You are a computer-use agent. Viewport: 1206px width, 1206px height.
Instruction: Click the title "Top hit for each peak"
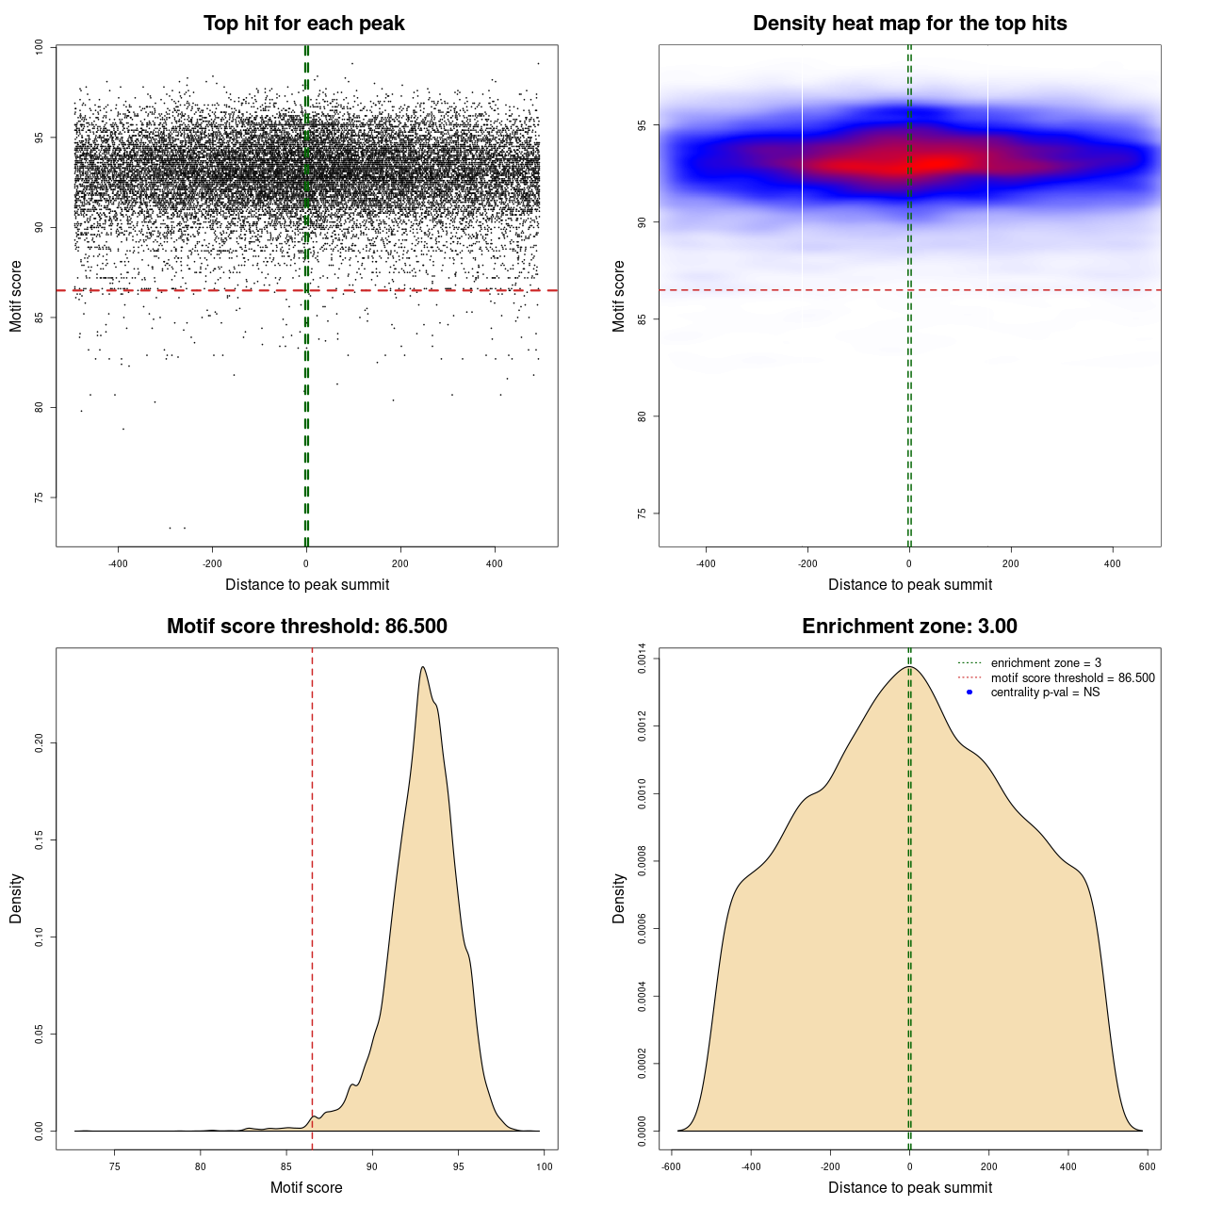303,24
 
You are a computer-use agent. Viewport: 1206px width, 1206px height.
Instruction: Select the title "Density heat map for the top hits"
909,24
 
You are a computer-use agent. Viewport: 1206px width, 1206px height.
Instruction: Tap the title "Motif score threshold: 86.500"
306,627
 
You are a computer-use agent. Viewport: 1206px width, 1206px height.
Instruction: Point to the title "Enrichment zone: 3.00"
909,627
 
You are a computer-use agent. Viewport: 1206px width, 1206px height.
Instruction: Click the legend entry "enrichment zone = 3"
1046,663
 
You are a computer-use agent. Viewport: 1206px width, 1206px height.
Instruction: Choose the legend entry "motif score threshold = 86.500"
1072,678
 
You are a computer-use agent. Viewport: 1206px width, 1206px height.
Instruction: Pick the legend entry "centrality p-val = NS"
1045,693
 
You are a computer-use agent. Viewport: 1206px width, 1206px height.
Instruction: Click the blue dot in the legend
970,693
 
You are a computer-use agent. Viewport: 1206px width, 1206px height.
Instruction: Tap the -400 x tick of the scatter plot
118,563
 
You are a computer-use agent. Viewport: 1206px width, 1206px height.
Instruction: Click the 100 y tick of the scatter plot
39,47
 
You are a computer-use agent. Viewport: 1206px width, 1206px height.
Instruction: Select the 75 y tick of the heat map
642,513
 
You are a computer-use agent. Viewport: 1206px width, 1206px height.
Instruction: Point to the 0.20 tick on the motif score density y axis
39,743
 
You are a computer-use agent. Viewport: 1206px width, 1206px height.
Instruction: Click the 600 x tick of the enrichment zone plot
1147,1166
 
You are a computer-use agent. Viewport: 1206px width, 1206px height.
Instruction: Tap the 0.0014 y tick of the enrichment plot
642,659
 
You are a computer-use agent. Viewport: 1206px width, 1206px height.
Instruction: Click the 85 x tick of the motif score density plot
286,1166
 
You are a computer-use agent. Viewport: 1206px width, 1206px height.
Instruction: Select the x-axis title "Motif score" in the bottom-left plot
306,1187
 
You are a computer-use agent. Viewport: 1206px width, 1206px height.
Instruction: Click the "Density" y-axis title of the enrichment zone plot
619,898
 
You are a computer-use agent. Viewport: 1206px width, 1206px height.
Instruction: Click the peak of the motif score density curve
423,667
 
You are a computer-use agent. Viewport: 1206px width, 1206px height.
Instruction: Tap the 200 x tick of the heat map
1011,563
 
